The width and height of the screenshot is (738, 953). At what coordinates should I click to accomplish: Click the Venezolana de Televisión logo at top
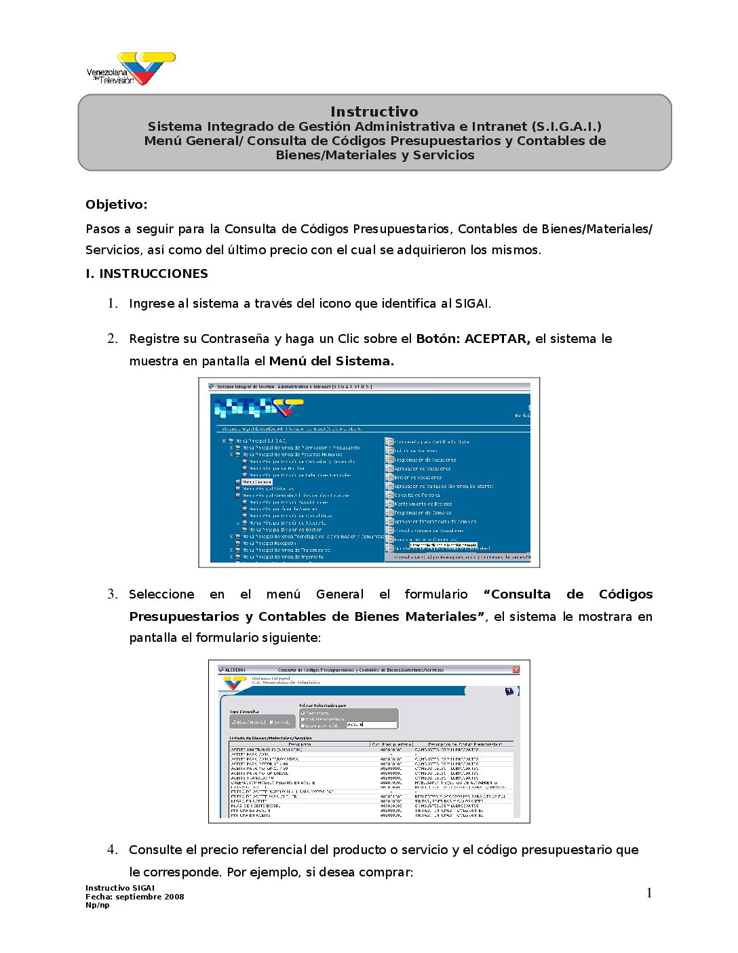(130, 69)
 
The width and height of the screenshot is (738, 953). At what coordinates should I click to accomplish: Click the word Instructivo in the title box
(374, 112)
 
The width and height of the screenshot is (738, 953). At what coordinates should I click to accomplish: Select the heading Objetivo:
(116, 205)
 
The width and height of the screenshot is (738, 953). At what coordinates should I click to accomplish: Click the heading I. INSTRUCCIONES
(147, 274)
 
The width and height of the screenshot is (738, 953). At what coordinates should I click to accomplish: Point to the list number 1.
(113, 304)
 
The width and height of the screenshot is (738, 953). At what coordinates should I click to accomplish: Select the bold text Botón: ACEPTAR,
(473, 339)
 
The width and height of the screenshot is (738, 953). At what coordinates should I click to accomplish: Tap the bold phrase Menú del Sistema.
(331, 361)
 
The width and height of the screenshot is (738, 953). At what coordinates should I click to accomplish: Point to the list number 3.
(113, 594)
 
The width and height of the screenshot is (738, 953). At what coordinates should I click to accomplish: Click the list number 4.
(113, 850)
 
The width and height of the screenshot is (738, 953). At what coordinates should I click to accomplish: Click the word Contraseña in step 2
(236, 339)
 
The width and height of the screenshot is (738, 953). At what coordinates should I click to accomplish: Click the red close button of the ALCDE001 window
(516, 670)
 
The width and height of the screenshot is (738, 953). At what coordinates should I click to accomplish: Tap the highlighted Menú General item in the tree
(257, 482)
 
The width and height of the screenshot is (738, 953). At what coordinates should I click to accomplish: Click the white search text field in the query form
(370, 725)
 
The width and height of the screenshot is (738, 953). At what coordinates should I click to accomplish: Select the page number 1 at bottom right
(649, 893)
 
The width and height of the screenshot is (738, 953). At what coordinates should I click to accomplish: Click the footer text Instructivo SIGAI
(120, 888)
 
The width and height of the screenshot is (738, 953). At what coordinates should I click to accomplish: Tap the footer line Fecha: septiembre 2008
(134, 897)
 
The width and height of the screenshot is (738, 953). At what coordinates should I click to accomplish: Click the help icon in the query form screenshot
(509, 691)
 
